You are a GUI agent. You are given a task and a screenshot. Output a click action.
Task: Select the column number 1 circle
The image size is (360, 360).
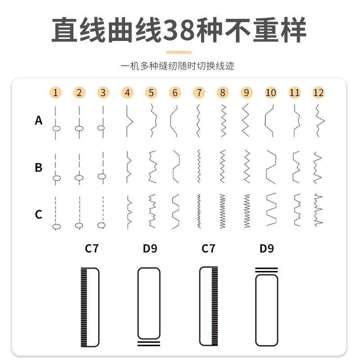[55, 93]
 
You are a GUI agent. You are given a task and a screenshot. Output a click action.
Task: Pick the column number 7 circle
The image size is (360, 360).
[198, 93]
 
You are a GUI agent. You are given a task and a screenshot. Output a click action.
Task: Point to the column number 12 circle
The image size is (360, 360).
[318, 93]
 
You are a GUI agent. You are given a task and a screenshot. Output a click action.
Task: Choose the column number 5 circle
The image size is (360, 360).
[151, 93]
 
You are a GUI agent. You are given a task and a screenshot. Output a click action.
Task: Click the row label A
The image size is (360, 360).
[39, 121]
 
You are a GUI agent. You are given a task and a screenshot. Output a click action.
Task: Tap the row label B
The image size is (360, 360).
[39, 167]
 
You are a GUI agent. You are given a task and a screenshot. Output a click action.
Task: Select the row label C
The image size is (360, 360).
[39, 214]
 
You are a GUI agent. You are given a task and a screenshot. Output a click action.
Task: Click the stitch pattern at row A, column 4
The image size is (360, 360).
[128, 121]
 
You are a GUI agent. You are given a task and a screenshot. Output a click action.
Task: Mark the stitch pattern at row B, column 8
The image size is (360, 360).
[222, 166]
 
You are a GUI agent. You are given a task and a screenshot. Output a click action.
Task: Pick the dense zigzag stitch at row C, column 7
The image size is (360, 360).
[198, 211]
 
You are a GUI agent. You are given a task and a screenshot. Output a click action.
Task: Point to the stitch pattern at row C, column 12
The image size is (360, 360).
[319, 211]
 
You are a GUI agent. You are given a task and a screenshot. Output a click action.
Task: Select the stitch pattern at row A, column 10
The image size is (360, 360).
[270, 121]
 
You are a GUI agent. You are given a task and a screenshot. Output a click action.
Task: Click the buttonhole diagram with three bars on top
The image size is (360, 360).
[266, 306]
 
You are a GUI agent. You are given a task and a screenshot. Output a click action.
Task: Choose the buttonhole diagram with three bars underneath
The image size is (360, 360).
[148, 306]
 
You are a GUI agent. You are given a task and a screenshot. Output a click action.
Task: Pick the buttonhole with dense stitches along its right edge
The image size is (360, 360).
[208, 306]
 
